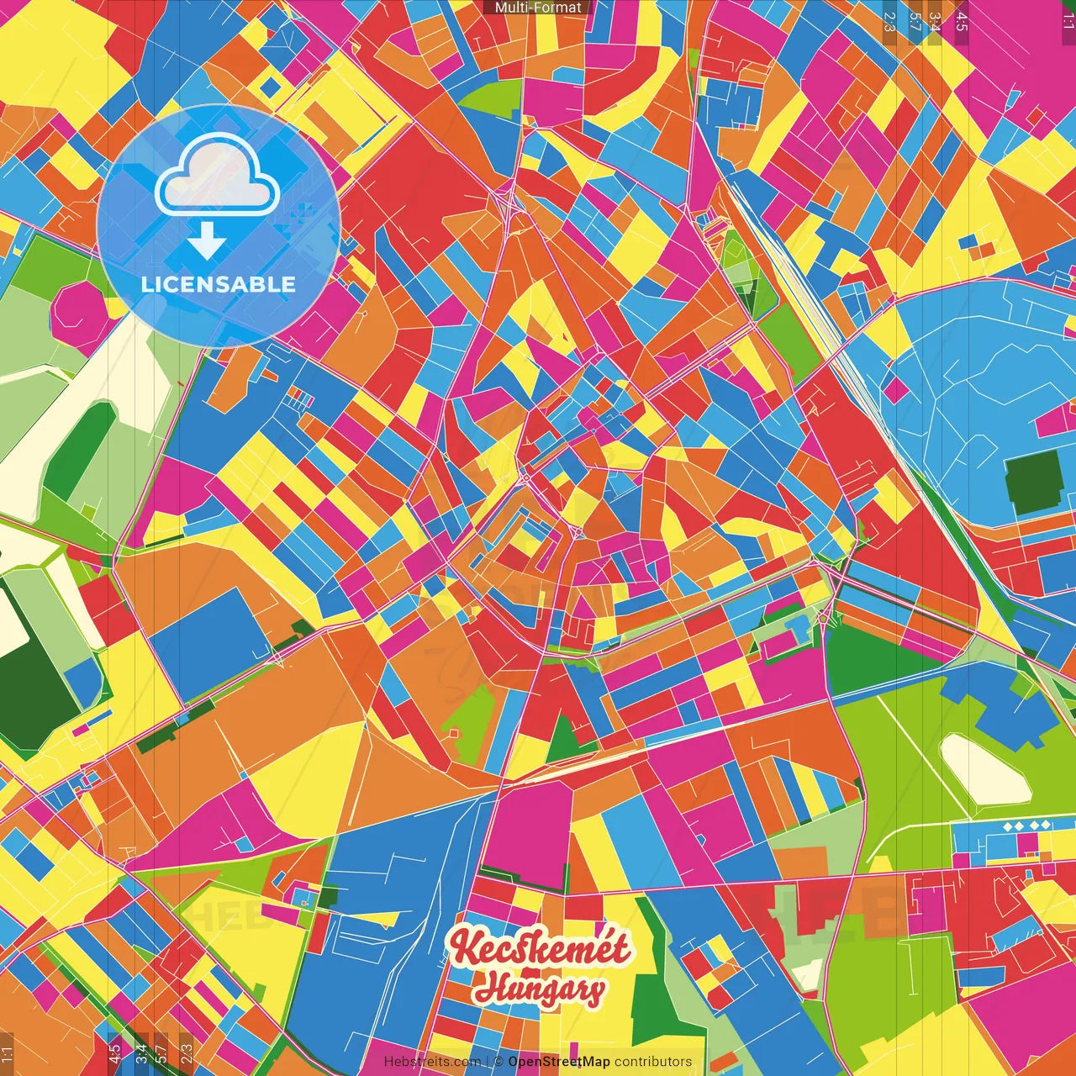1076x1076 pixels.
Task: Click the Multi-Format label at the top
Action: click(x=538, y=8)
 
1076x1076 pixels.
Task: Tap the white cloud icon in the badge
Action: click(x=217, y=177)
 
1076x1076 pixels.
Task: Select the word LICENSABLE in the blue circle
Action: click(x=219, y=284)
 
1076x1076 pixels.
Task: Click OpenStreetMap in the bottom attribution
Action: click(x=558, y=1062)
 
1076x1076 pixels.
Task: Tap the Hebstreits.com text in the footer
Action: click(x=432, y=1062)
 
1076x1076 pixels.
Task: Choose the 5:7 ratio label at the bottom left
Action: click(x=161, y=1052)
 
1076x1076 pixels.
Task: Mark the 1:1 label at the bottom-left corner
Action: click(x=8, y=1054)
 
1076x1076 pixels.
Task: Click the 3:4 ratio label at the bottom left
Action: click(x=140, y=1052)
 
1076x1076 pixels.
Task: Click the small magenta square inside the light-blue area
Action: click(x=897, y=389)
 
